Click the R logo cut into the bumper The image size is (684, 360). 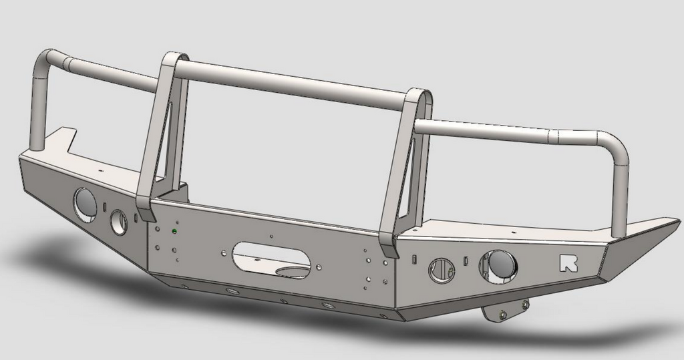(x=569, y=263)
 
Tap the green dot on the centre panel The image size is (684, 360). (x=174, y=230)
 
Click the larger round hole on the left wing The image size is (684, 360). (x=85, y=203)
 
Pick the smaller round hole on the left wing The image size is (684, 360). (x=118, y=222)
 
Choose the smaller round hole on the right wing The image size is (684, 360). (x=442, y=270)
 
